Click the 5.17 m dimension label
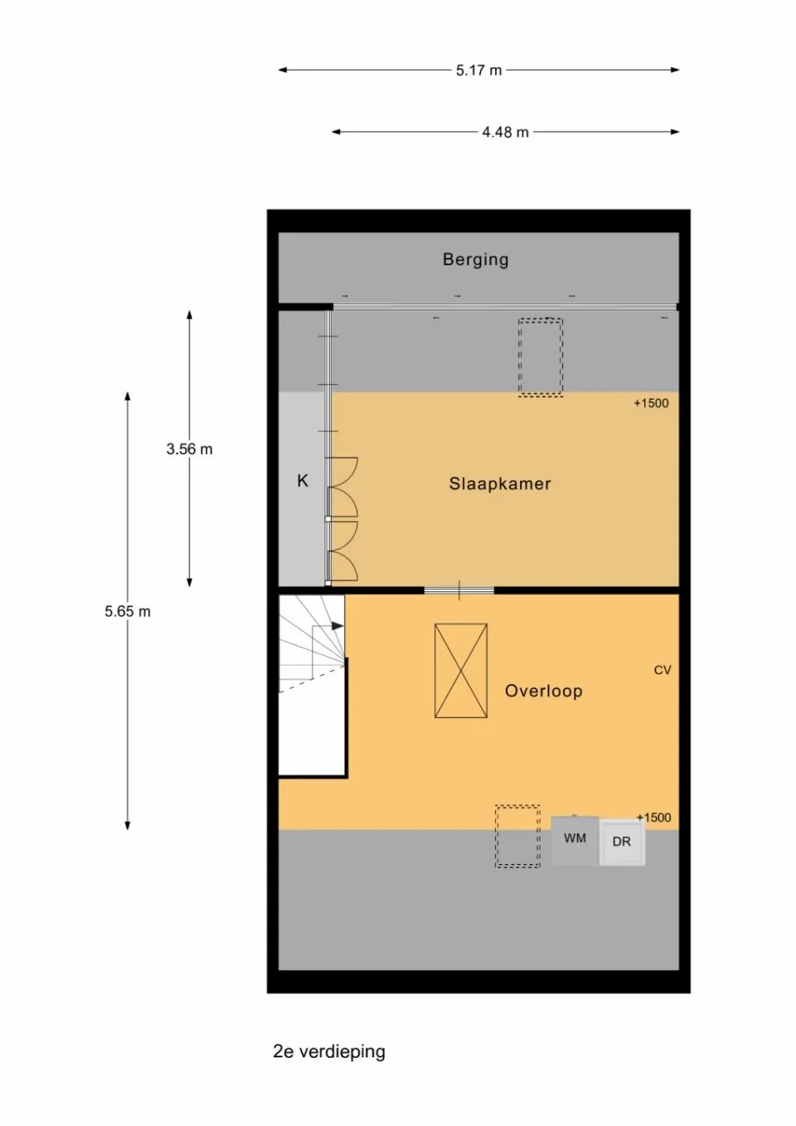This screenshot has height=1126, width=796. (x=478, y=70)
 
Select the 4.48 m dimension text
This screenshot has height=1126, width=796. (x=505, y=132)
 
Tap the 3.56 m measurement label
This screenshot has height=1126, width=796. (x=189, y=449)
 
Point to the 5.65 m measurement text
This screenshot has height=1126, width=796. (x=128, y=612)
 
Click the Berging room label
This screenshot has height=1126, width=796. (x=475, y=260)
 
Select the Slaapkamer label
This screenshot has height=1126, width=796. (x=500, y=483)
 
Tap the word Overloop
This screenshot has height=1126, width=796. (x=544, y=691)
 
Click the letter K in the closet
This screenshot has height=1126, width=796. (x=303, y=481)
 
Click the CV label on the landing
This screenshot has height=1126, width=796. (x=663, y=670)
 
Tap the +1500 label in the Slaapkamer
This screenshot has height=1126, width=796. (x=651, y=403)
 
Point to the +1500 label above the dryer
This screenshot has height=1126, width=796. (x=653, y=818)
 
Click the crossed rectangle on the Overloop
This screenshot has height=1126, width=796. (x=461, y=671)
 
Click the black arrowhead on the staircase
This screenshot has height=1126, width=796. (x=337, y=626)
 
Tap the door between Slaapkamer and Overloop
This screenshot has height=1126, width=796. (x=459, y=590)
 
